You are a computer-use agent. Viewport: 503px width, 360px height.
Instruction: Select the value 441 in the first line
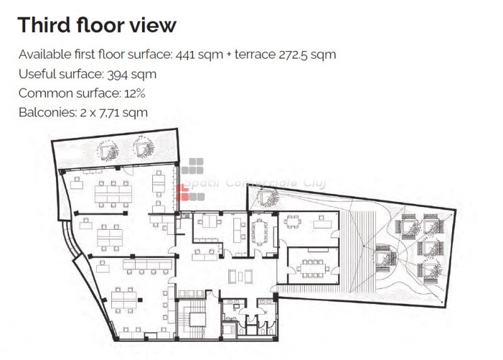(185, 55)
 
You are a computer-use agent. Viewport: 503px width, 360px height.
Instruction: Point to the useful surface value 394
(118, 74)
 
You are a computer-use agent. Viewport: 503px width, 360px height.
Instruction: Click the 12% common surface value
(135, 93)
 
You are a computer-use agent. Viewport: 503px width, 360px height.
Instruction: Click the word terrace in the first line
(255, 55)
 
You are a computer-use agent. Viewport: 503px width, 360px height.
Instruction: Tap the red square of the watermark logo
(182, 193)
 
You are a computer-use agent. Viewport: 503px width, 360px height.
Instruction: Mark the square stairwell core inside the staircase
(197, 319)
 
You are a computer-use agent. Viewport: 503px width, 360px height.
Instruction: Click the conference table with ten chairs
(312, 269)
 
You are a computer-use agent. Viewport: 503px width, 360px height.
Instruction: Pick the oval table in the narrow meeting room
(260, 232)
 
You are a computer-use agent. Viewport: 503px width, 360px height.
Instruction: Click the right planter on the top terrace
(143, 147)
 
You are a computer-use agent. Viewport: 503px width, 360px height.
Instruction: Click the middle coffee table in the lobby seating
(240, 276)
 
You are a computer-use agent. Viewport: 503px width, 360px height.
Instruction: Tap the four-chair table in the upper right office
(292, 222)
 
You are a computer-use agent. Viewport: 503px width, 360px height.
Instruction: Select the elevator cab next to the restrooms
(229, 330)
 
